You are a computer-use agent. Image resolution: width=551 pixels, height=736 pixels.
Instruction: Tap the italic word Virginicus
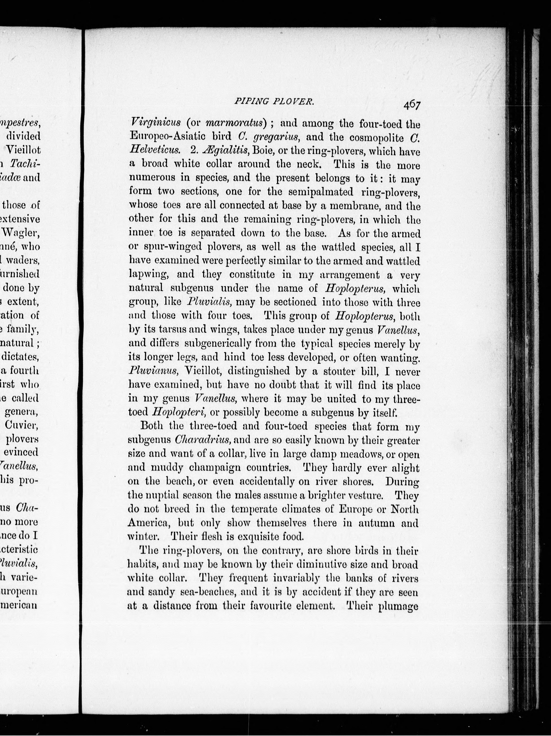coord(155,123)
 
